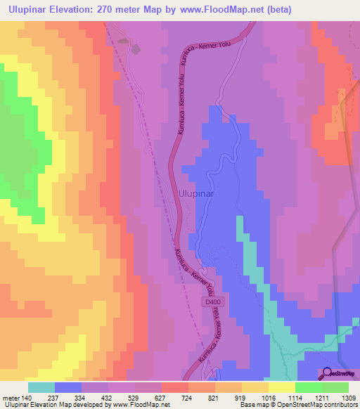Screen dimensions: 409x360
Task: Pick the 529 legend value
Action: (x=136, y=397)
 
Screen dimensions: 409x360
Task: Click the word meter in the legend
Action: (x=11, y=397)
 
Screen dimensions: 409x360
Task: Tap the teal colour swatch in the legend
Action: (x=41, y=387)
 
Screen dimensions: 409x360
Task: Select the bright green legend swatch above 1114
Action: (x=308, y=387)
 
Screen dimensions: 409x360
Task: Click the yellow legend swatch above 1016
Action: (x=281, y=387)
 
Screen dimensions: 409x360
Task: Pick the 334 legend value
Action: (x=84, y=397)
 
